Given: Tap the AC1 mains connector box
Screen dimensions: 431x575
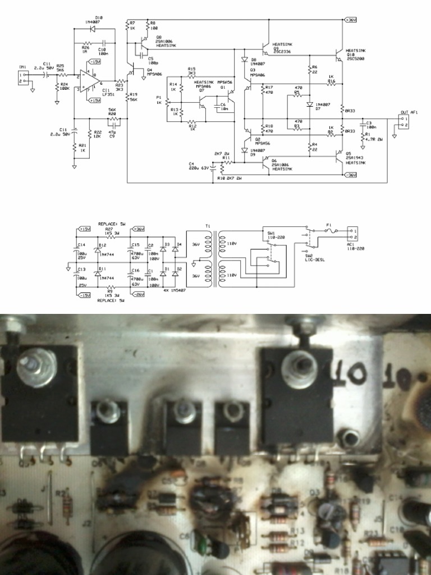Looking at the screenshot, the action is (x=352, y=231).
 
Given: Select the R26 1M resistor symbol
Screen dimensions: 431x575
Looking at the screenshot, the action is (x=86, y=43).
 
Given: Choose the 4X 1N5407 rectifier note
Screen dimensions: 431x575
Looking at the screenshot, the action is (x=175, y=290).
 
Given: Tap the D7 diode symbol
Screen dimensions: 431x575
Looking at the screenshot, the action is (x=309, y=104).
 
